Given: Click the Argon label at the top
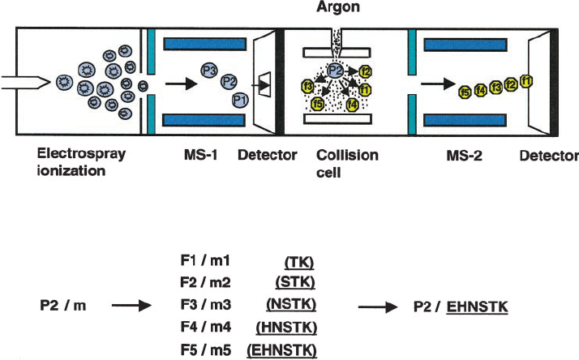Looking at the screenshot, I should point(338,8).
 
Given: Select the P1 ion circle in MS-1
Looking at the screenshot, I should point(239,100).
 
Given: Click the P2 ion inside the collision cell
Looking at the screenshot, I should point(335,70).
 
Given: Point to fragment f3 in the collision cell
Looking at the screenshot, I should point(307,86).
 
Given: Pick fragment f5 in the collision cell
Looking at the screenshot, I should point(319,105).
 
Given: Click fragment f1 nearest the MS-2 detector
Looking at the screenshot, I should point(526,80).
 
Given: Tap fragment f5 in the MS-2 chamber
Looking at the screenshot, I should point(465,92).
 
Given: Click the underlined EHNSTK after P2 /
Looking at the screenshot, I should point(478,308).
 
